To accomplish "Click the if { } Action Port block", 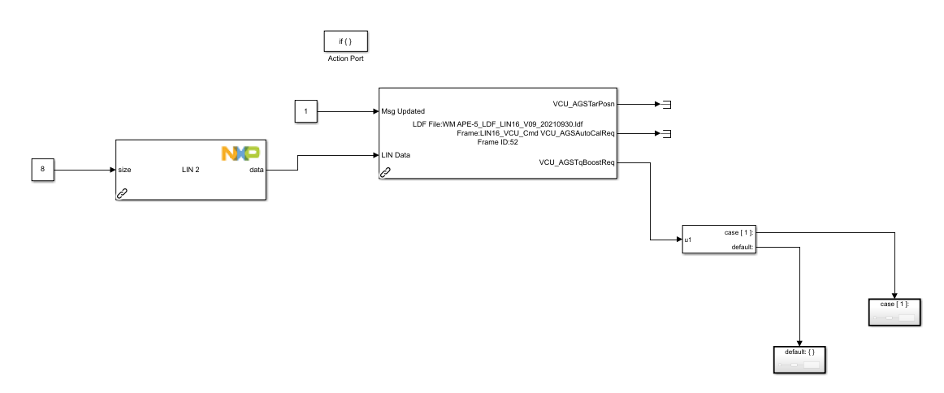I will [340, 41].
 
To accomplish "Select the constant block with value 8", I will [42, 171].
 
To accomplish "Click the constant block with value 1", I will [305, 110].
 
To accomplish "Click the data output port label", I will [254, 171].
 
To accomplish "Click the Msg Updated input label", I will [403, 110].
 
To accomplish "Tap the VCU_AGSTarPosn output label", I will [584, 104].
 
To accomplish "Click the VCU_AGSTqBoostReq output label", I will [578, 162].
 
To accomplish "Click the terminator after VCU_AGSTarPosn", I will [667, 104].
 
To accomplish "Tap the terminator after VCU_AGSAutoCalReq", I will [667, 133].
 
